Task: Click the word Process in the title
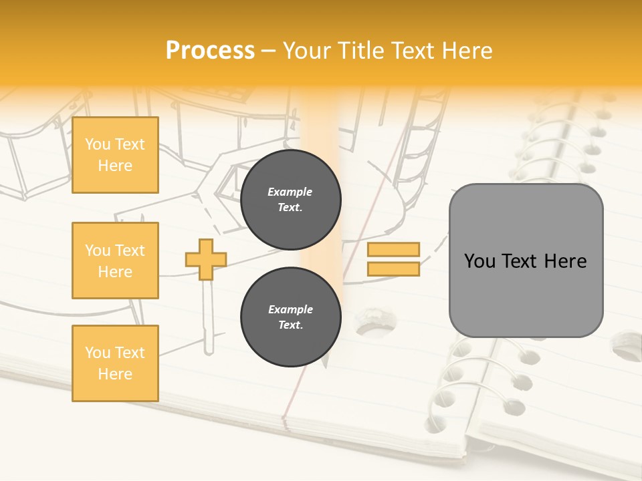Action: pos(210,51)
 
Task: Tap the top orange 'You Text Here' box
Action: pos(115,155)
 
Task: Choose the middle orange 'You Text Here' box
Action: pos(115,261)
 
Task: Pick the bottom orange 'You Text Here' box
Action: pos(115,363)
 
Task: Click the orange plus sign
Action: pos(206,259)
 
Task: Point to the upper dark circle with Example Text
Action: pos(290,200)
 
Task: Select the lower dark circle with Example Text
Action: pos(290,317)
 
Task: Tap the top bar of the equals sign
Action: pos(393,250)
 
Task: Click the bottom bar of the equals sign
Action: pos(393,269)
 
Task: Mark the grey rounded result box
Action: pos(526,261)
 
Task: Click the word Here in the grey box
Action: pos(565,261)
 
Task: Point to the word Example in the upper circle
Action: pos(290,192)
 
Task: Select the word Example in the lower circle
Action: pos(290,310)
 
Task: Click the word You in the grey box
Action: pos(479,261)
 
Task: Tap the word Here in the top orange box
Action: pos(115,166)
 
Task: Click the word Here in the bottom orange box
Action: pos(115,374)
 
